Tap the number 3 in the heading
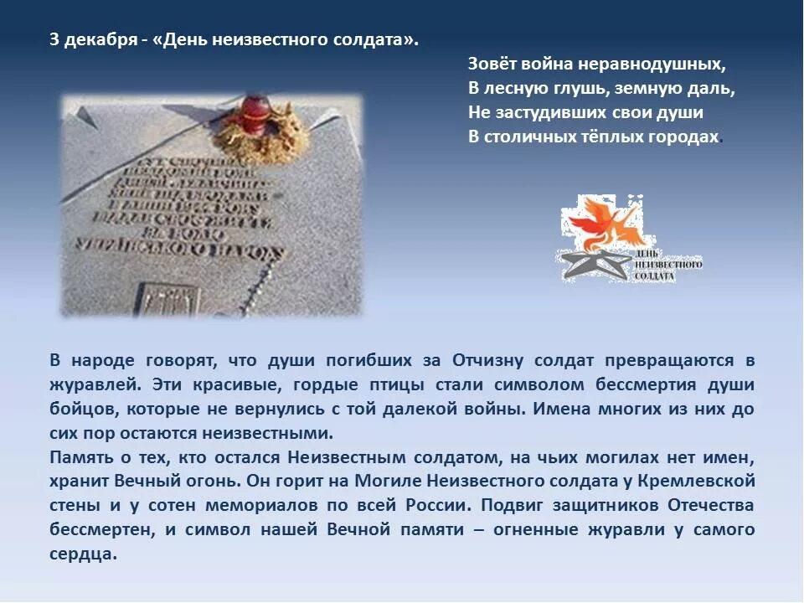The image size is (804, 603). tap(54, 41)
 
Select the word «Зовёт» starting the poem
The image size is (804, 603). tap(490, 64)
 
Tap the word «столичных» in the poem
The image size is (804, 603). tap(525, 137)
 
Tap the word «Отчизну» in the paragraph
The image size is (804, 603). tap(488, 361)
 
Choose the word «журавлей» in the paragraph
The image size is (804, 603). tap(85, 385)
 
